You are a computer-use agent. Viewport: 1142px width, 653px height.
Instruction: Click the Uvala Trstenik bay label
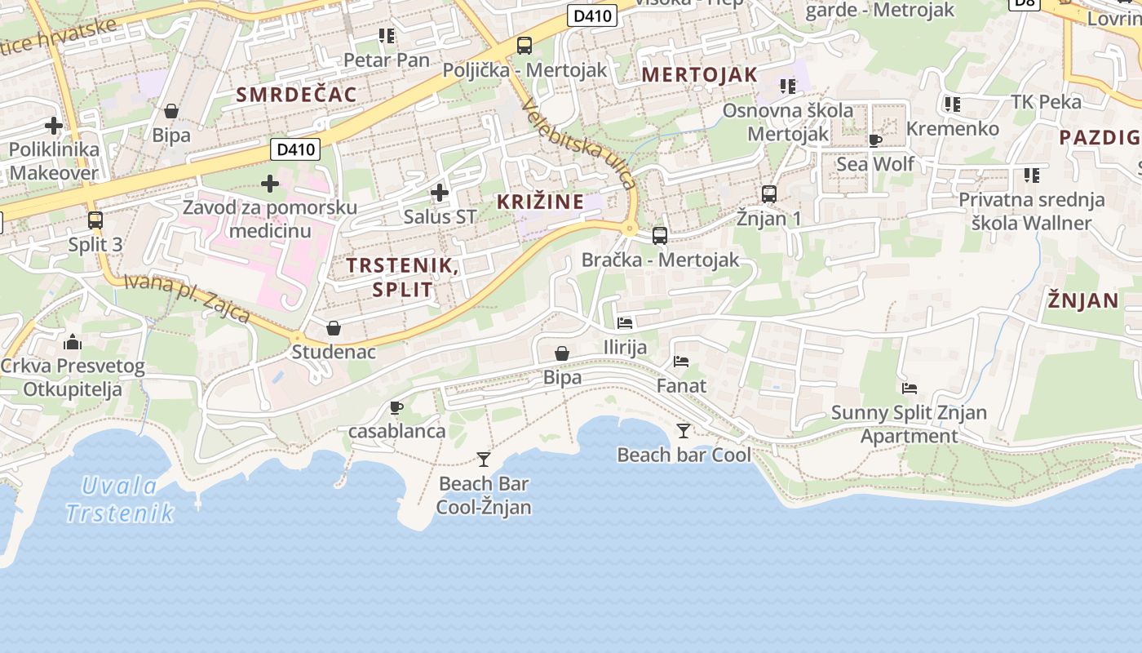pos(119,500)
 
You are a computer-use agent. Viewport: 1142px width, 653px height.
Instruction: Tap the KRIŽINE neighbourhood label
pos(540,202)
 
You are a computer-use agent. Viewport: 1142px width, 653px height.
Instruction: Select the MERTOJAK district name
pos(700,74)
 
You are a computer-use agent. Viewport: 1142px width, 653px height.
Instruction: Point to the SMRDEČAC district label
pos(297,94)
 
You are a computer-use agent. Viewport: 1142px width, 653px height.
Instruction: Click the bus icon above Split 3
pos(95,220)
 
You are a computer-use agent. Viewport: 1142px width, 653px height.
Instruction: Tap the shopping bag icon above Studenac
pos(334,328)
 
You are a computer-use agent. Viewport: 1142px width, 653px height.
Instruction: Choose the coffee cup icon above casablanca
pos(396,406)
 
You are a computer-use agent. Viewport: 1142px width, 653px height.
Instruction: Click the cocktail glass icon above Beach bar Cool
pos(684,430)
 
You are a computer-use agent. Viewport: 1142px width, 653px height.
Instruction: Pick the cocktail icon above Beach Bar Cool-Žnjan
pos(484,459)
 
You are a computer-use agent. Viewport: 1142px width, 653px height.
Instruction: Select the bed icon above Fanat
pos(681,361)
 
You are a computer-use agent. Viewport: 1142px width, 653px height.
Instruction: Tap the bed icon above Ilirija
pos(625,322)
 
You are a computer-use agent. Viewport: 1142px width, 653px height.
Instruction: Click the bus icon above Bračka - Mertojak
pos(660,236)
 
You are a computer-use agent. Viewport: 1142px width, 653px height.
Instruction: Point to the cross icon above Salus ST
pos(440,193)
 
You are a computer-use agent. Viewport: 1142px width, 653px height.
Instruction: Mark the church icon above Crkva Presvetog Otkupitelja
pos(72,341)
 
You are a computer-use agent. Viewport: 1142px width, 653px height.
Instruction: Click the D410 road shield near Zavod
pos(294,149)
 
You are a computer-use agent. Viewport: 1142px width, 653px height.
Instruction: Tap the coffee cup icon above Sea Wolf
pos(875,140)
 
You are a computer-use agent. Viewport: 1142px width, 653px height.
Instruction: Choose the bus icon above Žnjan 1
pos(769,194)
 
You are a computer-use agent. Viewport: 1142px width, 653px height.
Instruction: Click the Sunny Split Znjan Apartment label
pos(909,424)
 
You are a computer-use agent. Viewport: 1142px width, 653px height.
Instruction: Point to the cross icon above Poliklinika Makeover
pos(54,126)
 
